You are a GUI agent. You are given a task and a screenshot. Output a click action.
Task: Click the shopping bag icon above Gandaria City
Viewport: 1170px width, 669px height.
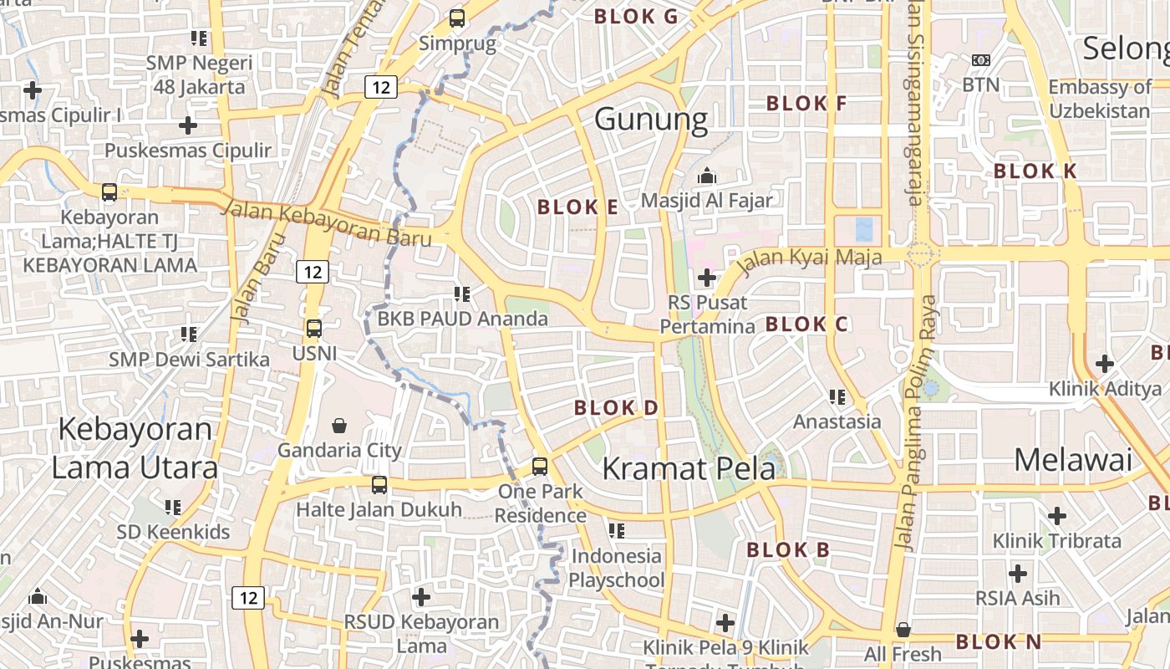339,426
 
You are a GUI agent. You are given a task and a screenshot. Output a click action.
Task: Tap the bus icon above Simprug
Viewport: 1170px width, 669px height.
456,18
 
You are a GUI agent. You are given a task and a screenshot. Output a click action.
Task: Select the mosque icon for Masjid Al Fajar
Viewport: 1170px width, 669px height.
707,176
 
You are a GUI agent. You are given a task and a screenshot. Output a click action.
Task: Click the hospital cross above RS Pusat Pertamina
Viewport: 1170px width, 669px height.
707,277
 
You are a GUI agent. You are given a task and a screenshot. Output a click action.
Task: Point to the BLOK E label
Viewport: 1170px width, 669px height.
577,207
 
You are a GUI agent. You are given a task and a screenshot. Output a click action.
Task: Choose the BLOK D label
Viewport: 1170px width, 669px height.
616,408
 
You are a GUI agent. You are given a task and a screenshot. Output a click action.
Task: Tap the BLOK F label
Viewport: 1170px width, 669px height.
806,104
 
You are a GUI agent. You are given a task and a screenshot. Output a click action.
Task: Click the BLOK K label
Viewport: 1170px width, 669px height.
1035,171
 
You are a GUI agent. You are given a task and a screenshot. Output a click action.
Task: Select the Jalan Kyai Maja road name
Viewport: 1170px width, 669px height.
810,258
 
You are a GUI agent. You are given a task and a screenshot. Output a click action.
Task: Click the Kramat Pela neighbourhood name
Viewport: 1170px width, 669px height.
689,468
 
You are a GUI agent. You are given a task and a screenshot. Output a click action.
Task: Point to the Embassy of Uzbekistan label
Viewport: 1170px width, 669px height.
1100,99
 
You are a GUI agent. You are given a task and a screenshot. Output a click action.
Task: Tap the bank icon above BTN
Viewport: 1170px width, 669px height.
980,60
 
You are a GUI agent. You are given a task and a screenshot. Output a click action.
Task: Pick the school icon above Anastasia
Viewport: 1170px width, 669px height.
837,397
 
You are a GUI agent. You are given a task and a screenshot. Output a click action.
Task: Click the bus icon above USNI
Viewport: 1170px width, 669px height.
313,329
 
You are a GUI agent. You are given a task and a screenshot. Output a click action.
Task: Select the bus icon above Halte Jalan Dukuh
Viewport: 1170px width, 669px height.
379,485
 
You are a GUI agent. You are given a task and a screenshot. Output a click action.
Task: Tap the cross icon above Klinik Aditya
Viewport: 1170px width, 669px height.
1105,364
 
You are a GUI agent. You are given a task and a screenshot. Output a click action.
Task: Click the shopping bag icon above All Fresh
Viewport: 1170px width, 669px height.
903,630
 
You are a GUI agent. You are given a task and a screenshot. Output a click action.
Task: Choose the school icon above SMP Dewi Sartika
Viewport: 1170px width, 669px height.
189,334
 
